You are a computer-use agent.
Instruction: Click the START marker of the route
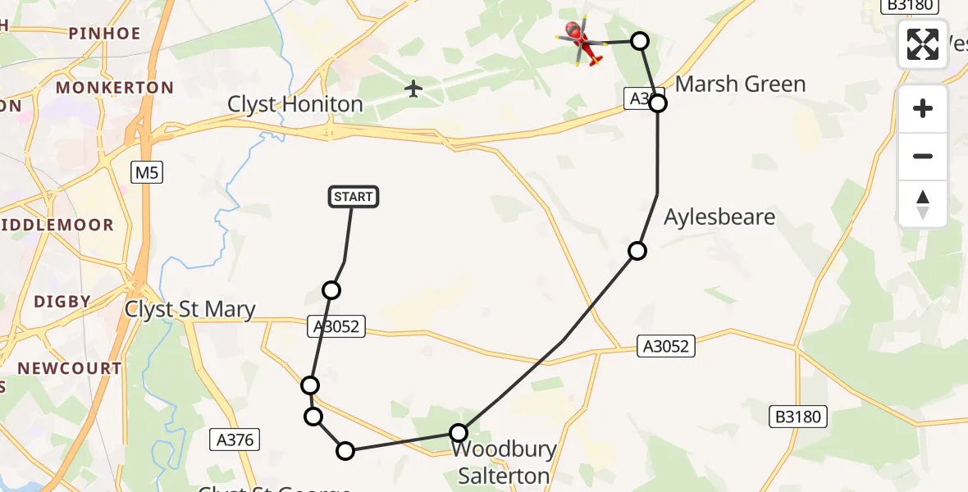(354, 197)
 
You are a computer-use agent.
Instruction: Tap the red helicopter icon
(582, 41)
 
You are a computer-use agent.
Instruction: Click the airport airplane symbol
(413, 88)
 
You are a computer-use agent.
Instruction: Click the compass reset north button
(923, 204)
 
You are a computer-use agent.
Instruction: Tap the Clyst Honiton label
(295, 105)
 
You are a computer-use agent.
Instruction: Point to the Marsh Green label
(740, 84)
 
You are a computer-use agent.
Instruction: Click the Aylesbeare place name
(719, 217)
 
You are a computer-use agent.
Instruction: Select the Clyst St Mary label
(190, 309)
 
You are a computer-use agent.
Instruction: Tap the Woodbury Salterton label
(504, 462)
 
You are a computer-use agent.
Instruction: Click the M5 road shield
(146, 172)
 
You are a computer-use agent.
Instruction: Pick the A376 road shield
(235, 440)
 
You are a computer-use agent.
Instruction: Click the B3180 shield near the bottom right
(797, 417)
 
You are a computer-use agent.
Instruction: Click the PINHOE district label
(105, 34)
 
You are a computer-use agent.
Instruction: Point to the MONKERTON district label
(114, 88)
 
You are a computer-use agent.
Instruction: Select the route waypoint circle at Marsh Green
(658, 103)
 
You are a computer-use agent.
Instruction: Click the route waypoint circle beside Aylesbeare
(637, 251)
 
